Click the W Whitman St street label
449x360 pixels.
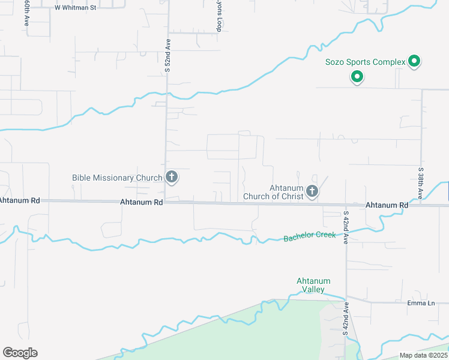click(75, 8)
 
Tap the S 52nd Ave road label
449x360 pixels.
click(168, 56)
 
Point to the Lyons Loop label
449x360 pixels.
click(220, 16)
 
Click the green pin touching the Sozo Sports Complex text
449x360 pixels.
click(414, 61)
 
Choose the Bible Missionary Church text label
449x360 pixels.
click(117, 178)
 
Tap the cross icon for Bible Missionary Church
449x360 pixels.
click(172, 177)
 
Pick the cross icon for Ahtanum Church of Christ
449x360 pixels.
click(312, 191)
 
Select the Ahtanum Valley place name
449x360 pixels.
click(313, 285)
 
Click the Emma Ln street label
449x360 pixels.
click(421, 302)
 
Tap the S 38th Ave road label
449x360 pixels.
click(421, 183)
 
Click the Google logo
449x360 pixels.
click(20, 353)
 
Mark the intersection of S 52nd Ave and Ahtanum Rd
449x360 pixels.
click(166, 202)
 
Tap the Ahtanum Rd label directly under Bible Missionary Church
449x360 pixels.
click(142, 203)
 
